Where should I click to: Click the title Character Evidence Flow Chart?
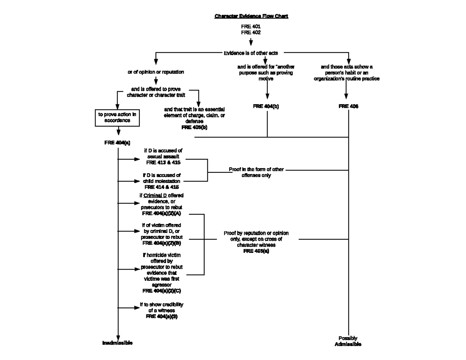click(251, 16)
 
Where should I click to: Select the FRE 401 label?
click(251, 26)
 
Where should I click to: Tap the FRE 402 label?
click(251, 33)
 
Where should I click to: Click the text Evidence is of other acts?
click(251, 53)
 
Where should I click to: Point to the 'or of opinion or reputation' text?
click(156, 72)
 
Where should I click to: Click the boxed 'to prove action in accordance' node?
click(117, 118)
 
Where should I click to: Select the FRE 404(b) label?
click(266, 106)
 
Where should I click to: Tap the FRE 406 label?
click(348, 106)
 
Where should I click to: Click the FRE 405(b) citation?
click(194, 127)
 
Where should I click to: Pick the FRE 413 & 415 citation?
click(163, 162)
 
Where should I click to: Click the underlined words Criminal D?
click(155, 195)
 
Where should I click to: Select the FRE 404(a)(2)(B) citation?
click(162, 243)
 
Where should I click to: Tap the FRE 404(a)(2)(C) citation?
click(162, 290)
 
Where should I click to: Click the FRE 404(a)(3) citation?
click(162, 317)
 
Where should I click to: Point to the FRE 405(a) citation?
click(256, 251)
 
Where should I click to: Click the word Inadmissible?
click(117, 343)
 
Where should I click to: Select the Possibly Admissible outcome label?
click(348, 341)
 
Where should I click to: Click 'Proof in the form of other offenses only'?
click(256, 172)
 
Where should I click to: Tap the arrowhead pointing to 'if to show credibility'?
click(137, 308)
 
